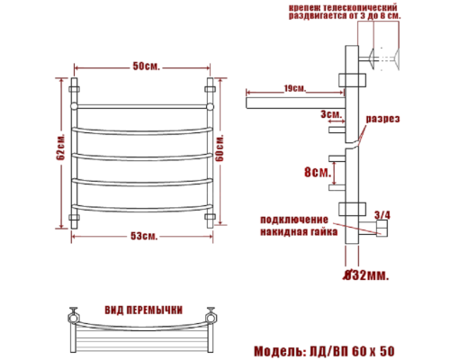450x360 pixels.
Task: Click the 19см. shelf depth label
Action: tap(293, 88)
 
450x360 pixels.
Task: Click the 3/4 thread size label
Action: tap(382, 214)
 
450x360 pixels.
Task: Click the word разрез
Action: tap(382, 120)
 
